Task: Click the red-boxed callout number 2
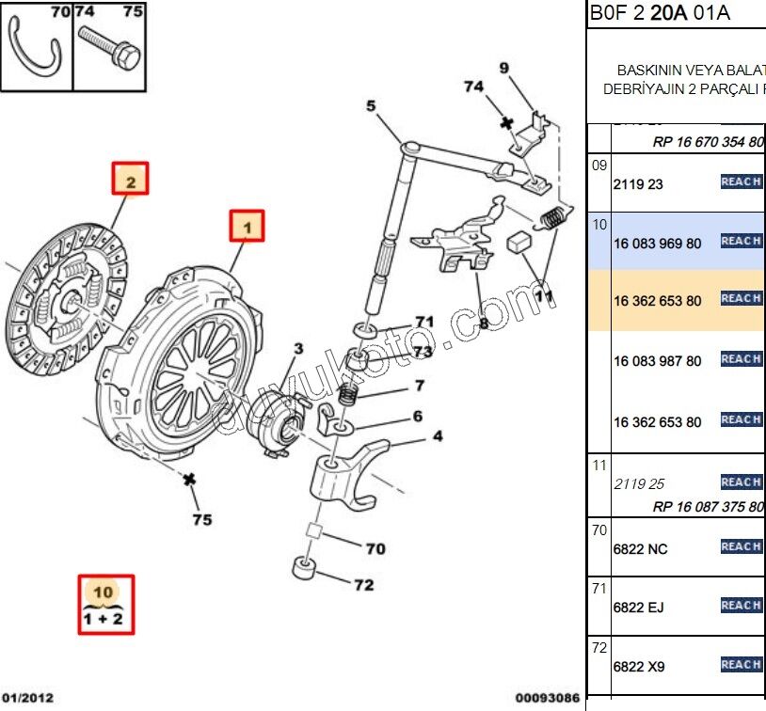click(x=131, y=179)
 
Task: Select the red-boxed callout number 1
click(x=247, y=227)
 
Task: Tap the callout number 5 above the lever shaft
click(x=371, y=105)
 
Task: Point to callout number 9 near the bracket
click(x=503, y=68)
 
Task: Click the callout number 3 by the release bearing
click(x=297, y=349)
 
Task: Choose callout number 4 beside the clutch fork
click(x=438, y=436)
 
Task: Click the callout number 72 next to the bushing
click(x=364, y=585)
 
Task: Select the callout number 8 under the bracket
click(x=484, y=324)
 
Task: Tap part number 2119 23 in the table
click(x=638, y=184)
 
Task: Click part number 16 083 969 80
click(x=657, y=243)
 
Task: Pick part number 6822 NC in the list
click(x=639, y=548)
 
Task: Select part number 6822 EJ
click(x=638, y=608)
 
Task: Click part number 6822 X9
click(x=638, y=667)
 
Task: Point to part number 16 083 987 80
click(x=657, y=361)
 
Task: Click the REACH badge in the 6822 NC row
click(x=741, y=546)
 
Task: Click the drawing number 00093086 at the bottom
click(x=546, y=698)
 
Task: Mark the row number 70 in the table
click(x=599, y=530)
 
